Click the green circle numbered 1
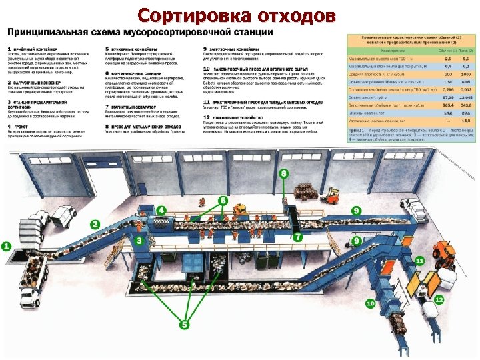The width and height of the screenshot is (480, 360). click(x=7, y=246)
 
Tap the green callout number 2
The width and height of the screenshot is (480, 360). click(x=95, y=225)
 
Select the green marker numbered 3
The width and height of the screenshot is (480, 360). click(x=138, y=239)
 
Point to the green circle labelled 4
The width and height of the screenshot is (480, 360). click(x=162, y=211)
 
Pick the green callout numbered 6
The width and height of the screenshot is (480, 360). click(x=222, y=200)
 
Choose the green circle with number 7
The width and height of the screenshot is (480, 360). click(x=298, y=236)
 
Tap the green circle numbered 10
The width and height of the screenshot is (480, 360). click(x=370, y=303)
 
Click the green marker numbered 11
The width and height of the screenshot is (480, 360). click(x=419, y=260)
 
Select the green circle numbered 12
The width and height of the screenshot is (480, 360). click(x=439, y=300)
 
